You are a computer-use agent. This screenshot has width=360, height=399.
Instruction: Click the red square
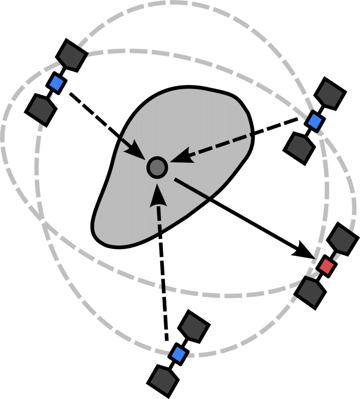click(x=327, y=266)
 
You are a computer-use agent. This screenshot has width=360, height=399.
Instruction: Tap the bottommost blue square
click(x=179, y=354)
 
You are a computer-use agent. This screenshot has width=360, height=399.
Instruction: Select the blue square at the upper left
click(x=56, y=83)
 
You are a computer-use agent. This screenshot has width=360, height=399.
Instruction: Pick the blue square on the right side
click(x=315, y=121)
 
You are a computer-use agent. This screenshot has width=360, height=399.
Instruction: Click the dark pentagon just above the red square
click(x=342, y=239)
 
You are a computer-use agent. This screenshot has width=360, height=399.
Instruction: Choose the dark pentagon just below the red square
click(x=310, y=292)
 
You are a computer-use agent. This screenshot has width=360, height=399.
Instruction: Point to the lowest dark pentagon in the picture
click(x=163, y=380)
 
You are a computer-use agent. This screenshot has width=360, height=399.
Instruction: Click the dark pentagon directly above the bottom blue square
click(x=194, y=327)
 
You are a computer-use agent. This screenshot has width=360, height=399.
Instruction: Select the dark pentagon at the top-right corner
click(x=330, y=94)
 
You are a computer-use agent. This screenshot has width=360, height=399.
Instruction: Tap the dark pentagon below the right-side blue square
click(x=299, y=148)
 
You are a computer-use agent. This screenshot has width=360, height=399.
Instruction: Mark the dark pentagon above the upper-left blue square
click(x=71, y=55)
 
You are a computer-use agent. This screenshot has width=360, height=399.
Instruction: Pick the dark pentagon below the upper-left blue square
click(x=41, y=110)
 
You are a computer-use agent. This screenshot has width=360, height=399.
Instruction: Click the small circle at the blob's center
click(x=157, y=168)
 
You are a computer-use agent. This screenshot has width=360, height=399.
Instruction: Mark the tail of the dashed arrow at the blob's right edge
click(x=250, y=135)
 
